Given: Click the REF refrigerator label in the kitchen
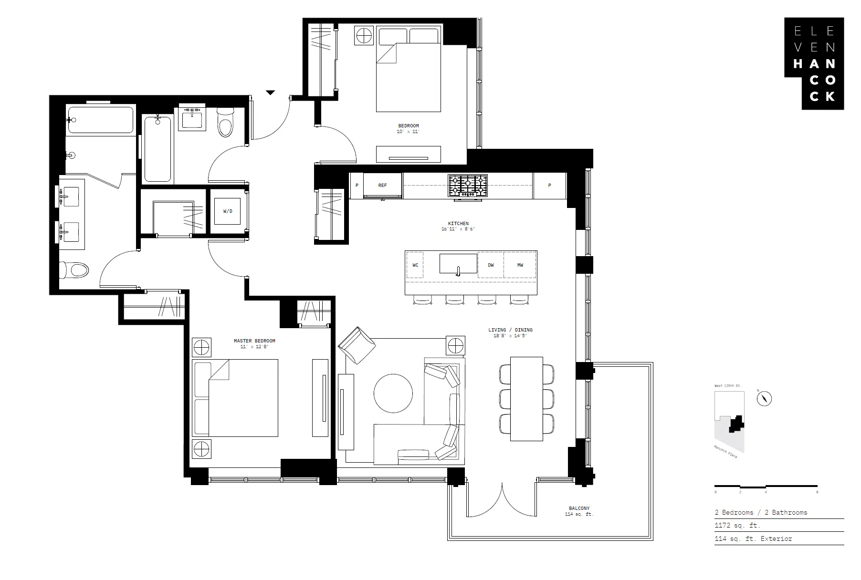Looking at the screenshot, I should [x=382, y=186].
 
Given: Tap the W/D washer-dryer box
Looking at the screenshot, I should [x=228, y=211].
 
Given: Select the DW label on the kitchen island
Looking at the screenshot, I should [x=491, y=265].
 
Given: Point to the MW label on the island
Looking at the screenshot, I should [x=520, y=265].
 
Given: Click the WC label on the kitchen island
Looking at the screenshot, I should [x=415, y=265].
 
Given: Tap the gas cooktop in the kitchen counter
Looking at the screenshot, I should [x=468, y=186].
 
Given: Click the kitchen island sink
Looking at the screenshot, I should [x=458, y=264].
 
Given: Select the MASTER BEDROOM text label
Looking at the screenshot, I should [x=254, y=341].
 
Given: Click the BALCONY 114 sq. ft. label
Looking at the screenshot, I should [x=578, y=511].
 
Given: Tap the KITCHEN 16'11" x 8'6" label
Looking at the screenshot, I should [x=458, y=226].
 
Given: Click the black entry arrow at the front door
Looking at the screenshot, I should [x=270, y=93].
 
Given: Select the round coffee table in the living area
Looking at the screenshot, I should [x=393, y=393].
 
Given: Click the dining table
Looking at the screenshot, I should [x=526, y=398].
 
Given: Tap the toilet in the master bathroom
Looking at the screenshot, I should [x=75, y=270].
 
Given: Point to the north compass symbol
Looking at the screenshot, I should [x=764, y=398].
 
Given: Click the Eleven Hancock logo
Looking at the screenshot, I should [x=814, y=63].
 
